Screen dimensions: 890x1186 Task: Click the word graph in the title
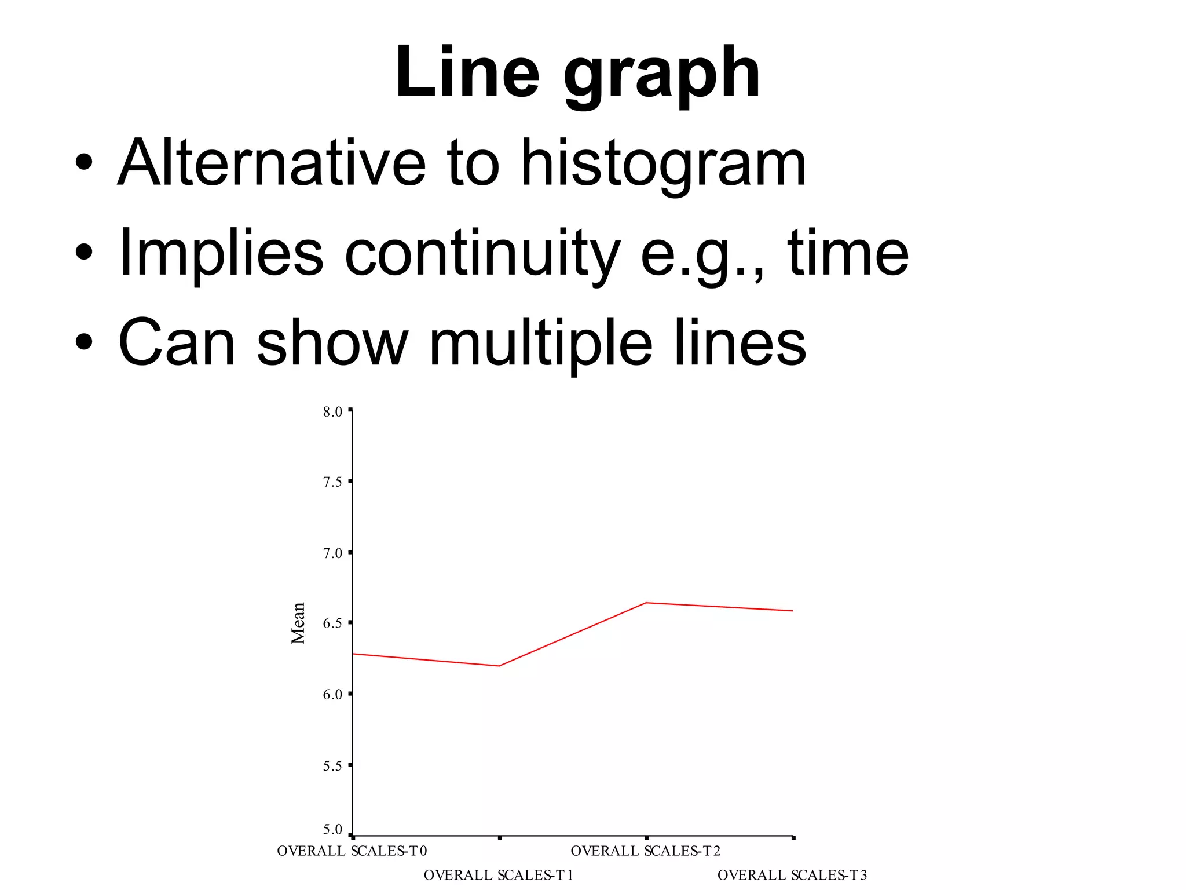661,75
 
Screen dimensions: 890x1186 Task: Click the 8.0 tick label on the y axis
332,412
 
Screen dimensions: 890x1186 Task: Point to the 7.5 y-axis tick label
332,482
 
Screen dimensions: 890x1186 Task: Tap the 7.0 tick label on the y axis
332,553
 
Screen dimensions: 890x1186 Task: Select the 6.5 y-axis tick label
332,623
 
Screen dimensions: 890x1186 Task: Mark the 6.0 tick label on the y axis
332,694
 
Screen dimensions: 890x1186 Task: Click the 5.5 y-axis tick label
332,766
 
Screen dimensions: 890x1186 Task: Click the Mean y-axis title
298,623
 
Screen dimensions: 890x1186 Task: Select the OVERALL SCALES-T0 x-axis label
352,851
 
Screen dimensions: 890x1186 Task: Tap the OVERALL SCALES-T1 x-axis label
499,875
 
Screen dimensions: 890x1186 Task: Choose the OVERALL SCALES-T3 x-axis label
792,875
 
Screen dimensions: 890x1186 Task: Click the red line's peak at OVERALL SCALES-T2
646,603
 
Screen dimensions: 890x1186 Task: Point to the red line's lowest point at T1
499,666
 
